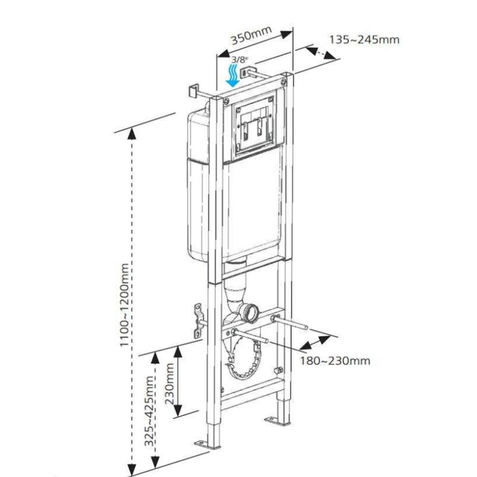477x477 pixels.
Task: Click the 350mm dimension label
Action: click(251, 35)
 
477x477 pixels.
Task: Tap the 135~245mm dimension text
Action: click(365, 40)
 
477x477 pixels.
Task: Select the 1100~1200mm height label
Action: click(124, 305)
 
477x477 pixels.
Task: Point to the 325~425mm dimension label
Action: click(149, 412)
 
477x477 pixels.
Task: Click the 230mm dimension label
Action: click(170, 384)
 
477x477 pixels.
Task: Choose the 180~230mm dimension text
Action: click(335, 360)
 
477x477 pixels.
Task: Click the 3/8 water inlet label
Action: click(239, 59)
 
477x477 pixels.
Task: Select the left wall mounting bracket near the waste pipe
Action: click(198, 321)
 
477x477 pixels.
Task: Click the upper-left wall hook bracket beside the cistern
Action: click(194, 91)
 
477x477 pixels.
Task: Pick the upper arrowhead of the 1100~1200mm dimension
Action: click(132, 134)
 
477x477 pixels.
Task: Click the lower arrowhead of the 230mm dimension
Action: click(178, 410)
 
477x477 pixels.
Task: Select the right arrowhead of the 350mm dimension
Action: click(286, 34)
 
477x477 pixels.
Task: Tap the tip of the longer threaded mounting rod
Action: click(307, 328)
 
